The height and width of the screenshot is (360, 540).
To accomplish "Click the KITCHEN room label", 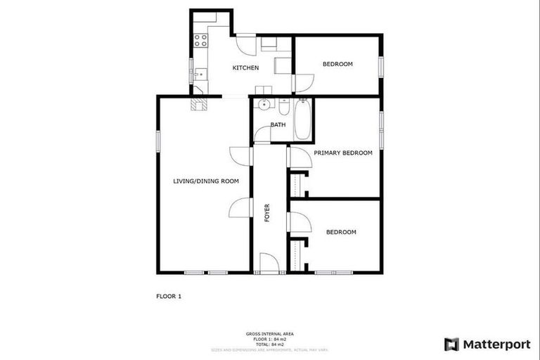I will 246,68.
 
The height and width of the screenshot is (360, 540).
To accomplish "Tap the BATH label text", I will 278,125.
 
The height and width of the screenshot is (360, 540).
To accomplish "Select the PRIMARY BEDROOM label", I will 343,153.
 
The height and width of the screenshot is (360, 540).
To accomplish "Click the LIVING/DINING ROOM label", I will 206,181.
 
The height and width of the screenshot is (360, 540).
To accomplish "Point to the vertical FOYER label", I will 267,213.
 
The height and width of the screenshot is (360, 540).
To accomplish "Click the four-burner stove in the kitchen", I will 201,39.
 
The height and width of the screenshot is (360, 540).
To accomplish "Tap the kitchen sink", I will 200,72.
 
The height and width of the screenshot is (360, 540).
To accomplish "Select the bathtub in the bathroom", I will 304,120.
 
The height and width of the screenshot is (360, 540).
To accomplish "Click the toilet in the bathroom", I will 283,108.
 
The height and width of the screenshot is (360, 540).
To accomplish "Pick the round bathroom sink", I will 264,106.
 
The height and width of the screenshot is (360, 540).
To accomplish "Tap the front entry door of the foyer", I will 269,264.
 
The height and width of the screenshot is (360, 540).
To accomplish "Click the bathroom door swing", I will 262,134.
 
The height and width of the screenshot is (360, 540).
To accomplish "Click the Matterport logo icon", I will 451,345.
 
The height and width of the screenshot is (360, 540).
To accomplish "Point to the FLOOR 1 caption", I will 169,297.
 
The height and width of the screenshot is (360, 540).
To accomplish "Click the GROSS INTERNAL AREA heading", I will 270,333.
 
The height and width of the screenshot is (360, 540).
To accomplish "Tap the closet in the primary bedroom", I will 296,185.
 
